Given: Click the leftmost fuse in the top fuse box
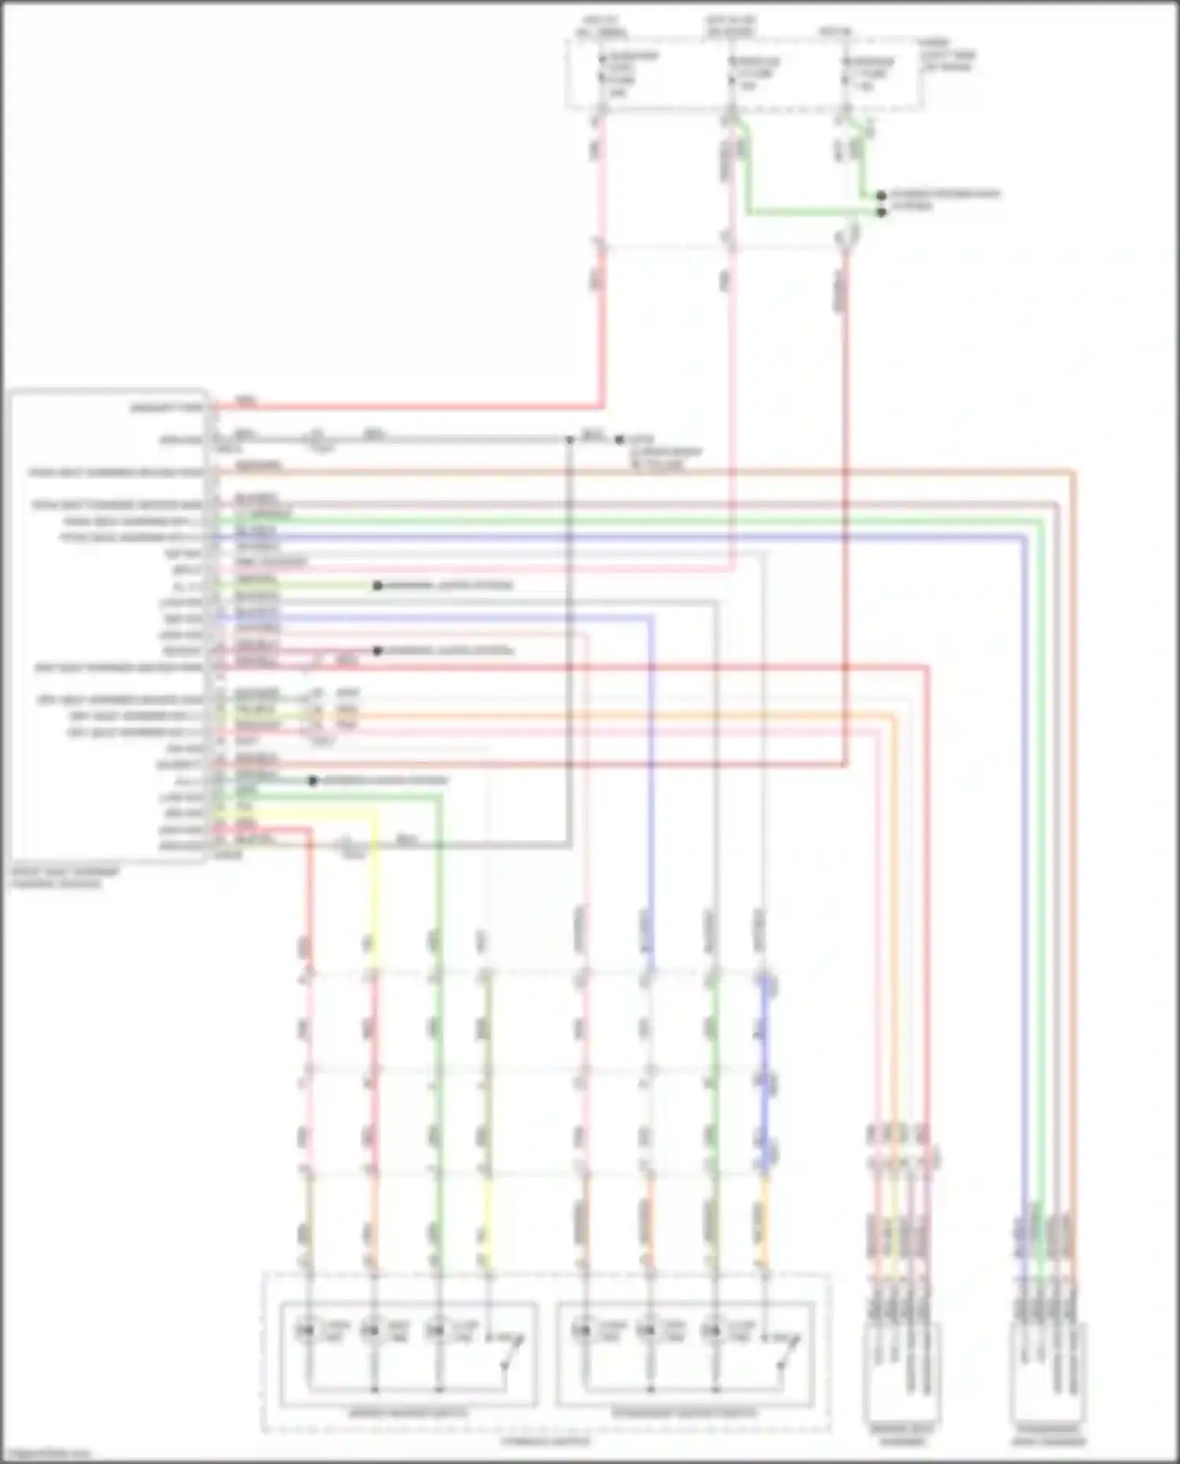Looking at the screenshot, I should click(602, 75).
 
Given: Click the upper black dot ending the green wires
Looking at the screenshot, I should click(881, 195).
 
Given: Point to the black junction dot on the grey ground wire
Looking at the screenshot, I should click(570, 439).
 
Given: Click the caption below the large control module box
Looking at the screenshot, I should click(65, 878).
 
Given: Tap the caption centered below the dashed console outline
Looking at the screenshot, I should click(544, 1441).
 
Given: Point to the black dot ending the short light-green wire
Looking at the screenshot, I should click(378, 585).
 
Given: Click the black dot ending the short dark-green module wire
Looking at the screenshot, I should click(313, 780).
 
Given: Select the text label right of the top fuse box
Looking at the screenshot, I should click(949, 55).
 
